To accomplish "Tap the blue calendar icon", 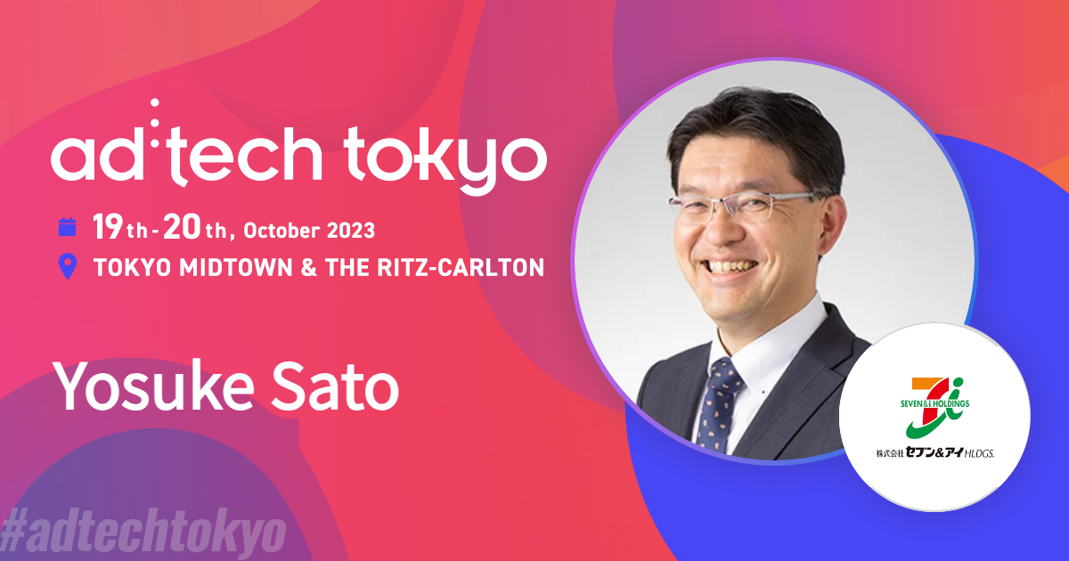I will pos(67,227).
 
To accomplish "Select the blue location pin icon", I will pos(67,267).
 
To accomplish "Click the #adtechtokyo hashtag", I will pos(143,532).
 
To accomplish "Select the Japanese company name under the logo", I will pos(934,455).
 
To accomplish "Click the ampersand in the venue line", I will pos(309,267).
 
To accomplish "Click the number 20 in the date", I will pos(184,228).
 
